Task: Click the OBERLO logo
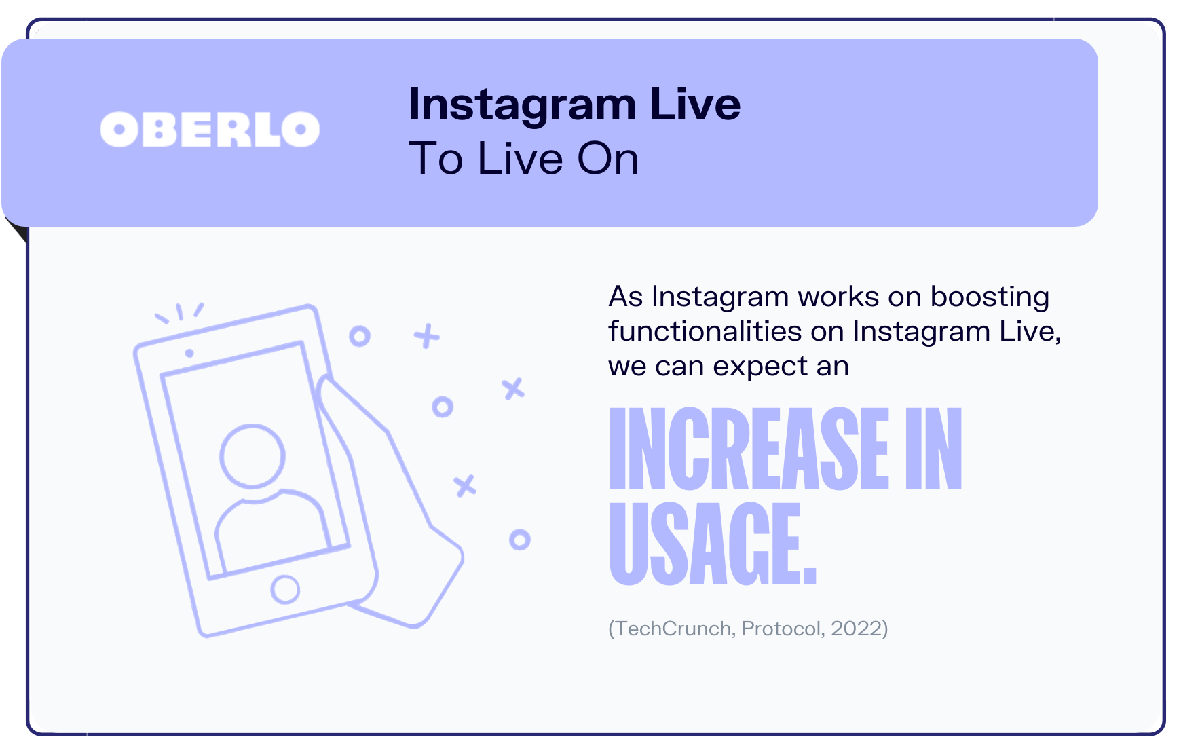[x=210, y=129]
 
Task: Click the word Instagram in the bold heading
[x=522, y=105]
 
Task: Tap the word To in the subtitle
[x=435, y=159]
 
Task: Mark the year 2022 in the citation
[x=857, y=629]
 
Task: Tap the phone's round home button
[x=285, y=589]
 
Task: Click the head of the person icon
[x=252, y=455]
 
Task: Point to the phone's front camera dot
[x=189, y=353]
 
